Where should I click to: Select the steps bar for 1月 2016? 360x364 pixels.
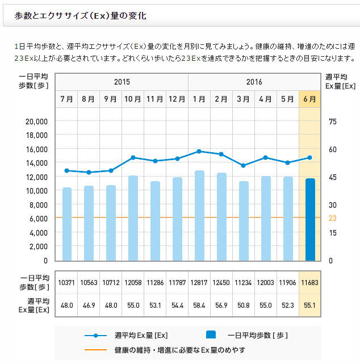(x=199, y=216)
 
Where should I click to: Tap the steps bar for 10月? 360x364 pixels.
(x=133, y=218)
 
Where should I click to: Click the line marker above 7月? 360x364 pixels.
(x=67, y=170)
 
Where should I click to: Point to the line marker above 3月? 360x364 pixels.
(x=244, y=165)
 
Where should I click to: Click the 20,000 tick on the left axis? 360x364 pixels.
(x=36, y=122)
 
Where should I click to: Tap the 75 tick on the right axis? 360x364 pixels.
(x=332, y=122)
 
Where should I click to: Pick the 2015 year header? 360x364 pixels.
(x=122, y=82)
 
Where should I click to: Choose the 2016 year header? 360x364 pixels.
(x=254, y=82)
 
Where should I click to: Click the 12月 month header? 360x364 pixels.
(x=177, y=99)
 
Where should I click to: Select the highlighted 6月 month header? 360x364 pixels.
(x=310, y=99)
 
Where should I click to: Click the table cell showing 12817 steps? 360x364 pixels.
(x=199, y=283)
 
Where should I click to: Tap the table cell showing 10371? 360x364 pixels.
(x=67, y=283)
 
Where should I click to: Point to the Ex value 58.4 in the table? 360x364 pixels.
(x=199, y=306)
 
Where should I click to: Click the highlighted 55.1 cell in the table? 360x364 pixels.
(x=310, y=306)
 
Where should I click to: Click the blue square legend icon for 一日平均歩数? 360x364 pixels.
(x=210, y=334)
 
